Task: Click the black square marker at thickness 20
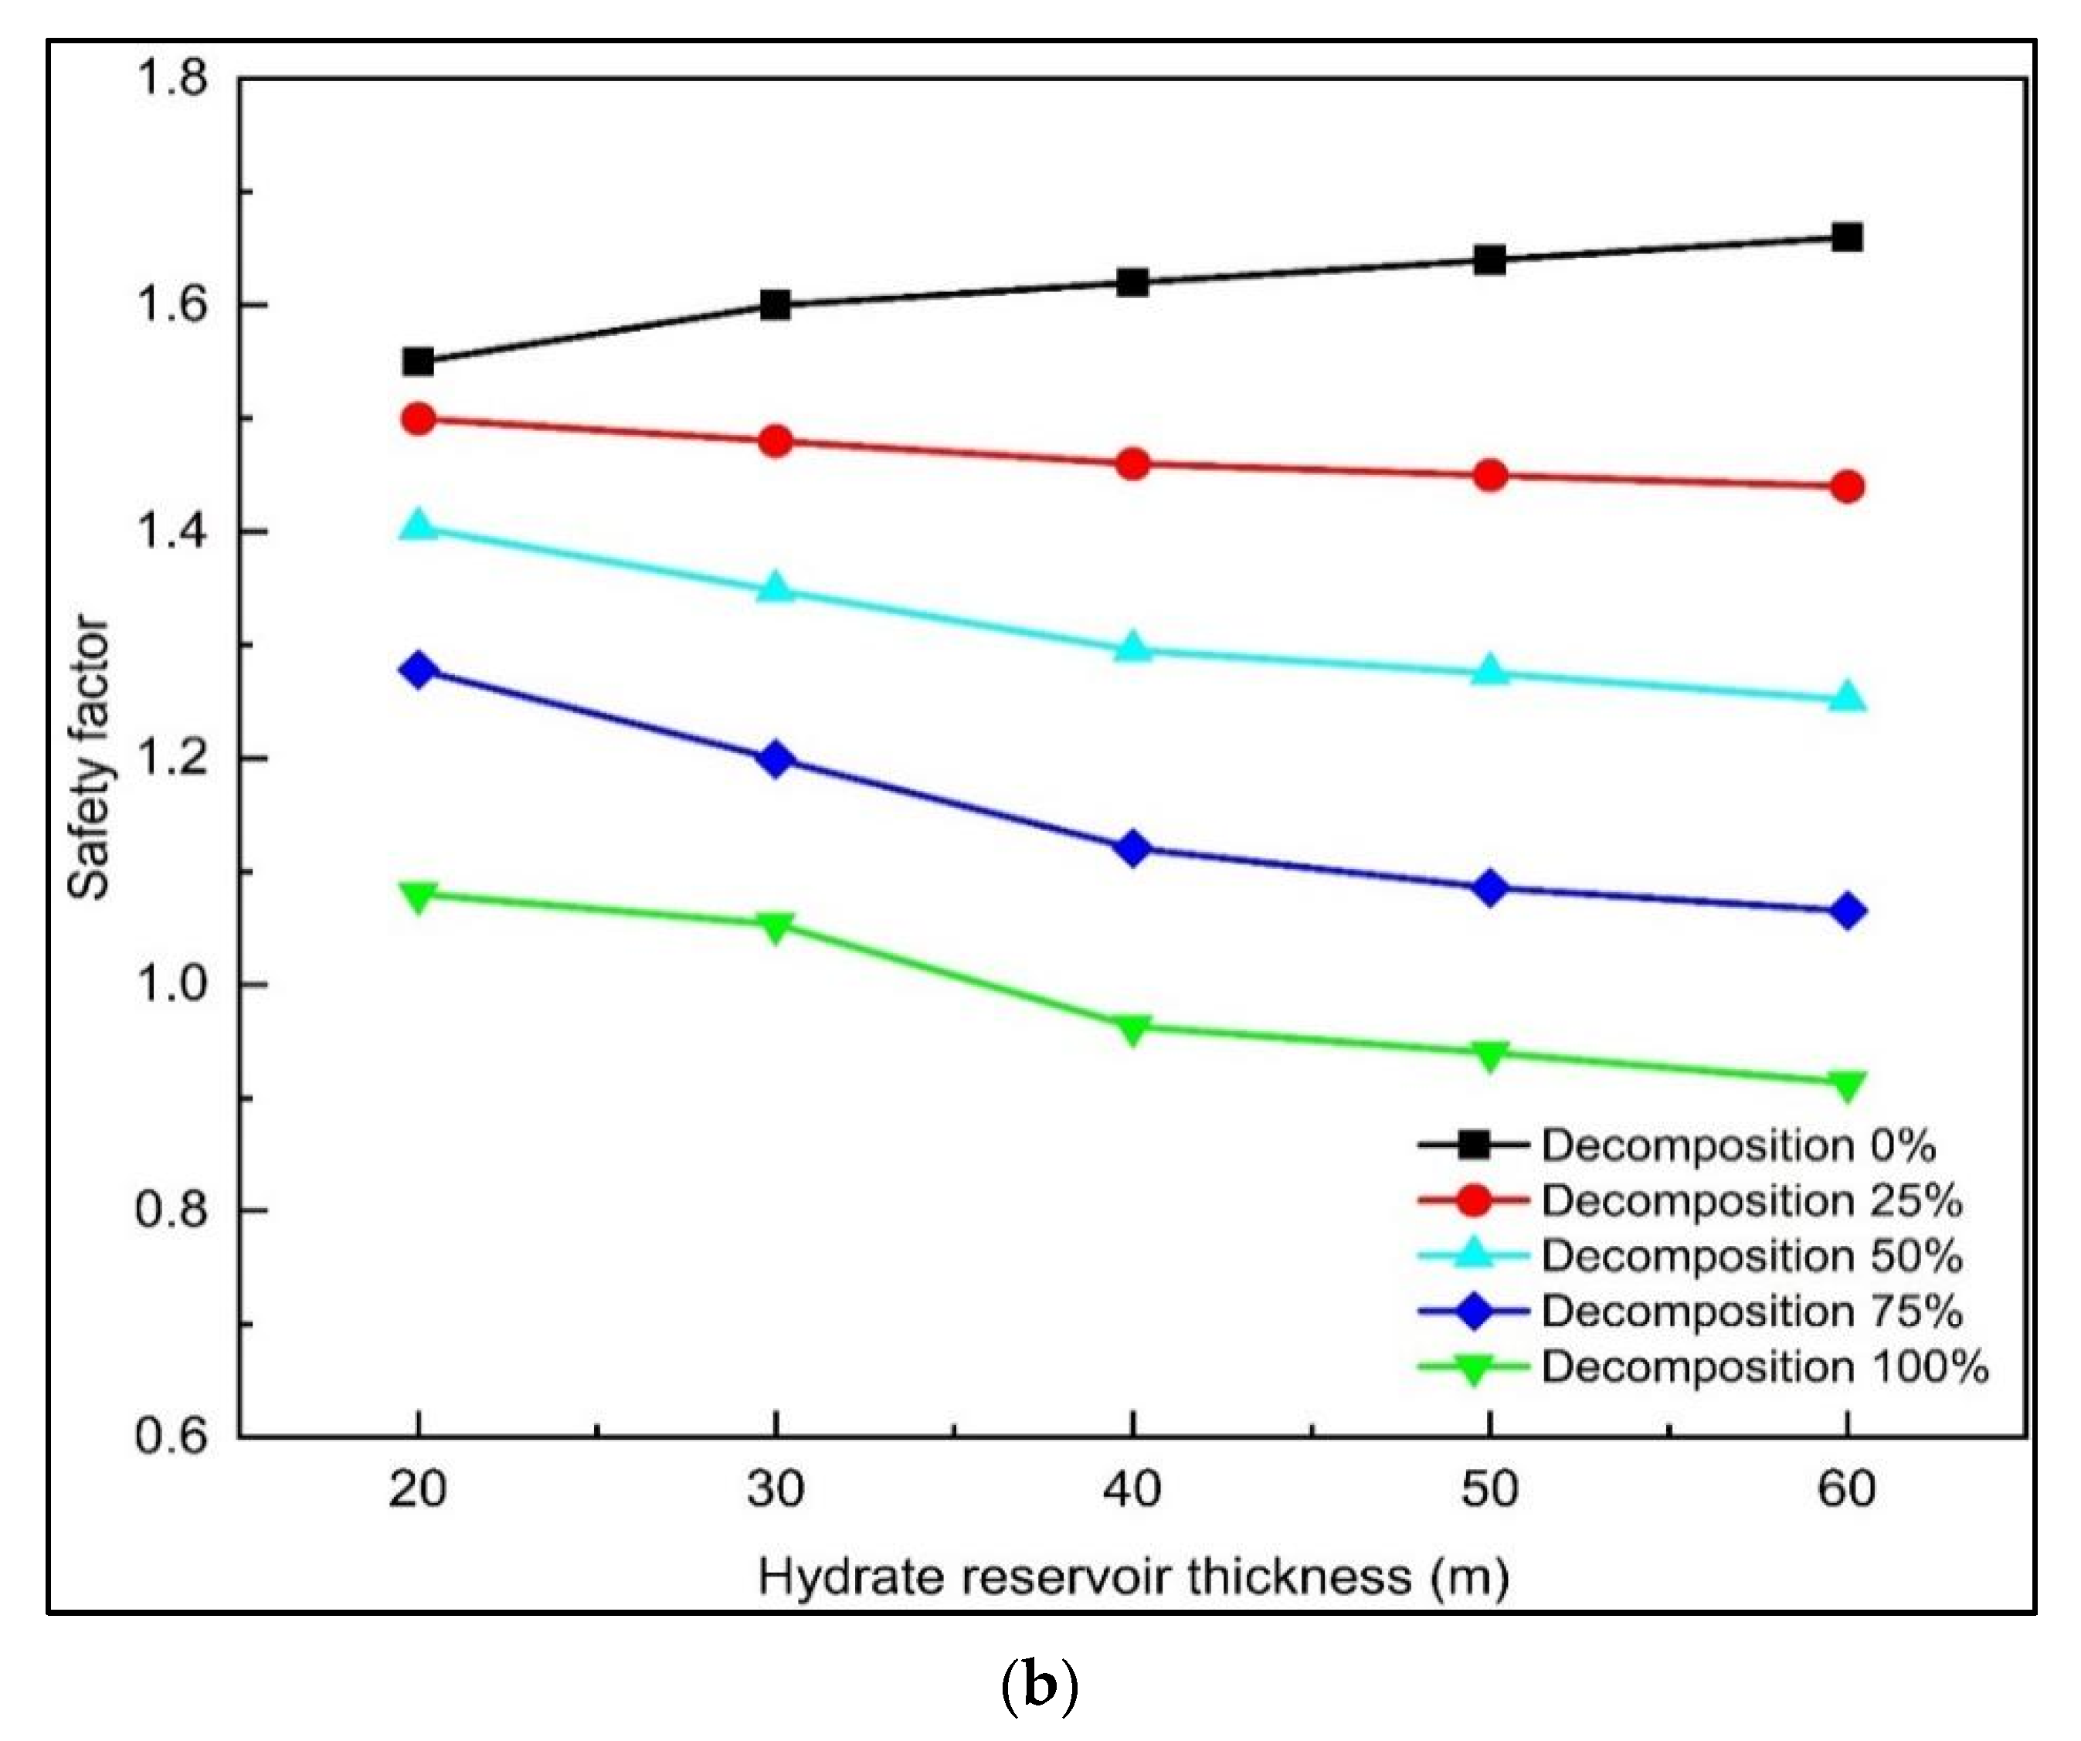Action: pyautogui.click(x=418, y=361)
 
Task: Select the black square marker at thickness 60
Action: pyautogui.click(x=1847, y=238)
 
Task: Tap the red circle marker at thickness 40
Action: pyautogui.click(x=1132, y=463)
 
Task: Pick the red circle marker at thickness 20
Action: pyautogui.click(x=418, y=419)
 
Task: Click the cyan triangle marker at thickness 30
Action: pyautogui.click(x=776, y=589)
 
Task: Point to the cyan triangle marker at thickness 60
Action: pyautogui.click(x=1847, y=698)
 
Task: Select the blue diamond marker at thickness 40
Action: pyautogui.click(x=1132, y=849)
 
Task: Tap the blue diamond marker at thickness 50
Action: pyautogui.click(x=1489, y=889)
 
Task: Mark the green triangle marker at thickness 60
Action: pyautogui.click(x=1847, y=1085)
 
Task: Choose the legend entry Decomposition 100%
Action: pyautogui.click(x=1764, y=1367)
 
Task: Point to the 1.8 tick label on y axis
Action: pyautogui.click(x=171, y=77)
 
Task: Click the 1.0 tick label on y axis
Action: pyautogui.click(x=171, y=985)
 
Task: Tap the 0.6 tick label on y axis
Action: pyautogui.click(x=171, y=1437)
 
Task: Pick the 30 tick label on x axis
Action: pyautogui.click(x=776, y=1489)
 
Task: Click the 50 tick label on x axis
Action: pyautogui.click(x=1489, y=1489)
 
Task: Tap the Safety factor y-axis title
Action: pyautogui.click(x=89, y=758)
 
